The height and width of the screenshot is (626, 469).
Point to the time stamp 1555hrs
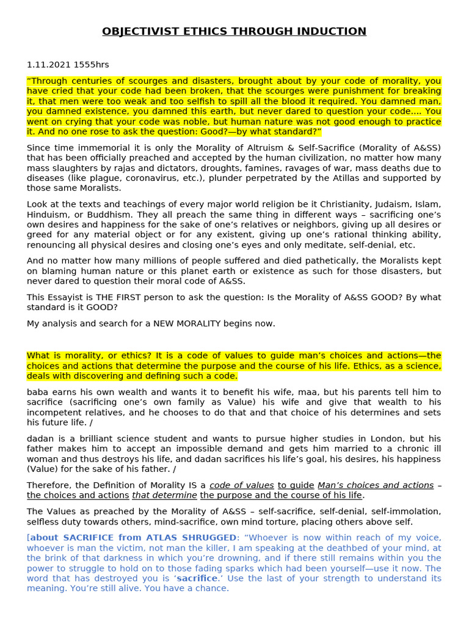(x=91, y=65)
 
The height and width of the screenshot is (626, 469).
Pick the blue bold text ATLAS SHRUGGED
(x=198, y=537)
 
